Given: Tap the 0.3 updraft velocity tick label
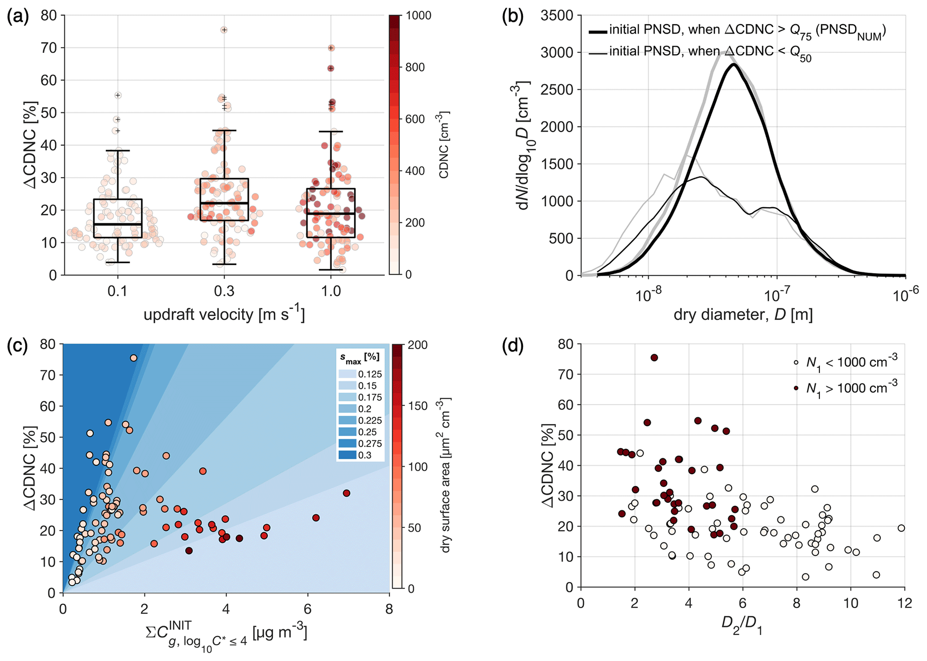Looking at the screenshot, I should coord(224,292).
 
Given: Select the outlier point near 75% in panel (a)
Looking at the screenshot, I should coord(224,30).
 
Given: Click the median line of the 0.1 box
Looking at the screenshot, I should coord(118,224).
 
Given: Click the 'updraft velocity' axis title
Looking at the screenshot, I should coord(224,315).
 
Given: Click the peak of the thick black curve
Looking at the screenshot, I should coord(734,65).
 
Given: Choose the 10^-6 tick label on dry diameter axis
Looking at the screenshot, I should coord(905,296).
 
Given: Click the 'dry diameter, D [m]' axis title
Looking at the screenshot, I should coord(743,315).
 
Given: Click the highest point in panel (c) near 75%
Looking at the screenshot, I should coord(134,358).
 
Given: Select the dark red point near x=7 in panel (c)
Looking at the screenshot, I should coord(346,493).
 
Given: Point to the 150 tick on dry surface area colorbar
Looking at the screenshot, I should coord(418,406).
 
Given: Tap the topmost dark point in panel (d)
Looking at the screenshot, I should coord(654,358).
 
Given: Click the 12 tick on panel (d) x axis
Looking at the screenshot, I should coord(904,603).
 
